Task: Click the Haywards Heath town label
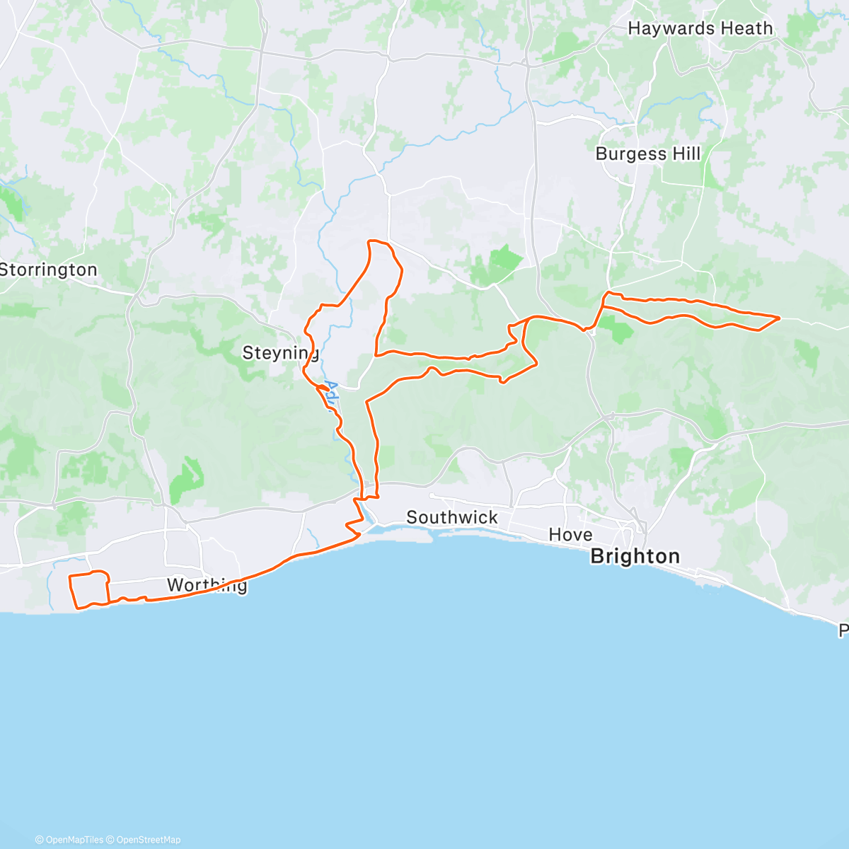(x=700, y=28)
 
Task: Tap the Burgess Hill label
(x=647, y=154)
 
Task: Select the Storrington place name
(x=48, y=270)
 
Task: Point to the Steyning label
(x=280, y=352)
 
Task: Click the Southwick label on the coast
(x=452, y=518)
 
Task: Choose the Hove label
(x=570, y=534)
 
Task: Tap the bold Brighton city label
(x=635, y=556)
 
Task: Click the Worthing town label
(x=207, y=585)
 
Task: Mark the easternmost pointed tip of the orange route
(x=779, y=318)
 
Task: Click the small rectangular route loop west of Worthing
(x=89, y=589)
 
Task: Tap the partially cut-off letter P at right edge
(x=843, y=630)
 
